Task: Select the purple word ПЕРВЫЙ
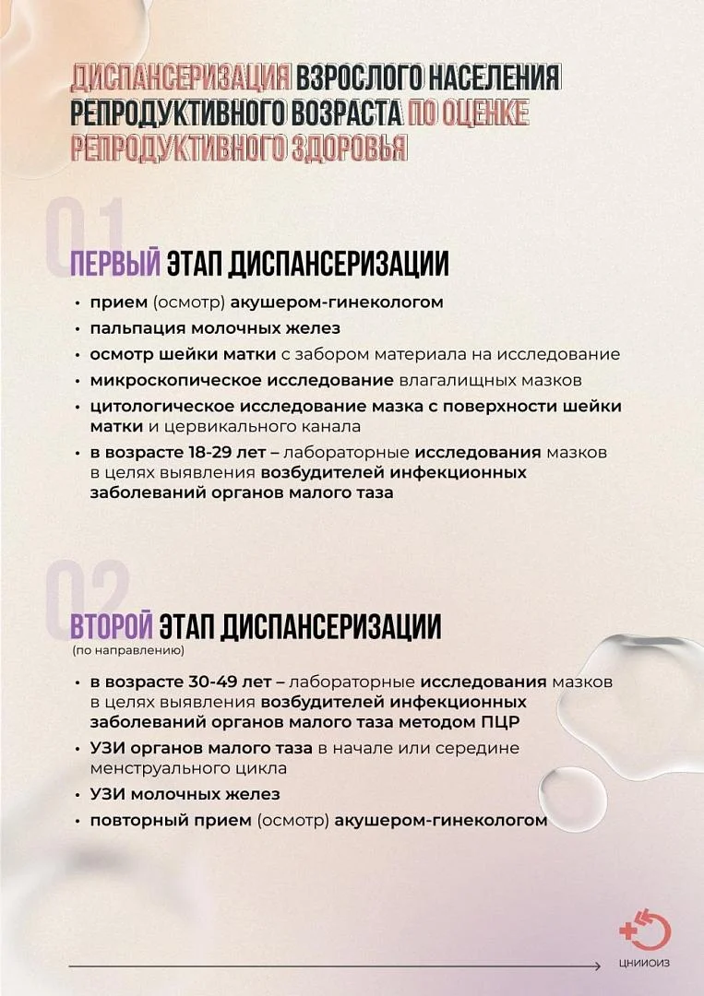point(116,265)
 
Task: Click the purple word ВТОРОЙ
point(111,626)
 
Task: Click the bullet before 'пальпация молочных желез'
point(78,328)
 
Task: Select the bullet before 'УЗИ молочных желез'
point(78,794)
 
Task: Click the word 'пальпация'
point(128,327)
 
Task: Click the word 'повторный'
point(130,821)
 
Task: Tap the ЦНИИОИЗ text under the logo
point(644,966)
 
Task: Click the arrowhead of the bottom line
point(598,966)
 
